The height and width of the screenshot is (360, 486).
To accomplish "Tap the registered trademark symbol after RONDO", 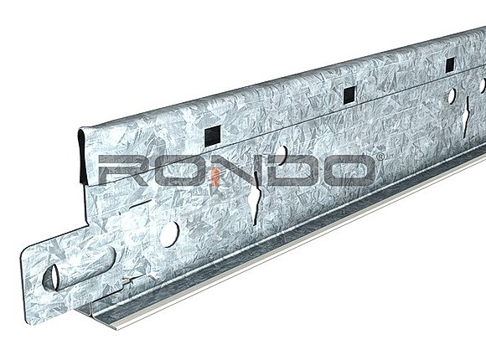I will (x=380, y=157).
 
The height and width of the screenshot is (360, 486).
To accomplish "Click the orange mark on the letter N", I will (x=215, y=173).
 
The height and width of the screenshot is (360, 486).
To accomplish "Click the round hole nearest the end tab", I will (x=169, y=232).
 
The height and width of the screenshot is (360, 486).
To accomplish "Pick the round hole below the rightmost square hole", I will (x=452, y=97).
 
